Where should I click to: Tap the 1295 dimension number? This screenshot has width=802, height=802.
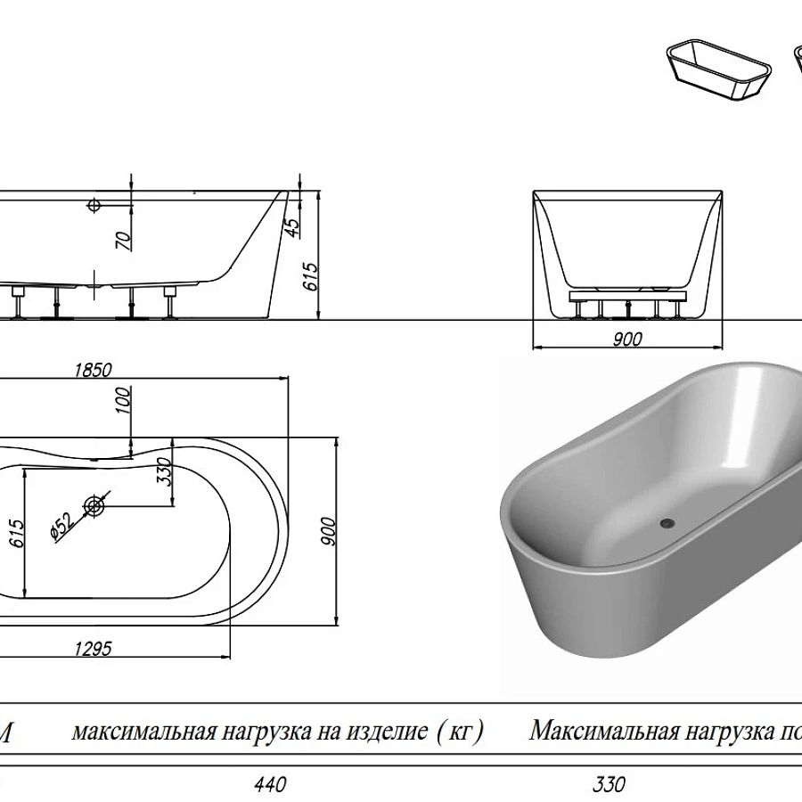click(x=91, y=649)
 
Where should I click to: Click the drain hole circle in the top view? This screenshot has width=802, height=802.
click(x=95, y=506)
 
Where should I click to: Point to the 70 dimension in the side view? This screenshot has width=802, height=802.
click(x=123, y=238)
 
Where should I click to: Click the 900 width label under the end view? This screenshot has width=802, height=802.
click(x=628, y=339)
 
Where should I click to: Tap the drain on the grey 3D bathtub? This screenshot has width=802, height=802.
click(x=665, y=523)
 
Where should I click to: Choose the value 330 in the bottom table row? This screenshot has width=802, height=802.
click(x=609, y=785)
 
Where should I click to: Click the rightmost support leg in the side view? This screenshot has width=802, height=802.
click(x=169, y=303)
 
